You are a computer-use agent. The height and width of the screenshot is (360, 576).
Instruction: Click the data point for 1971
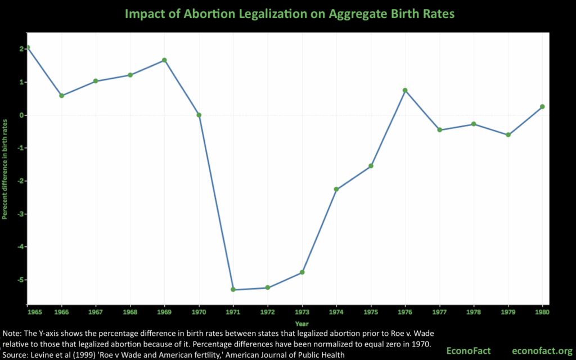pos(233,290)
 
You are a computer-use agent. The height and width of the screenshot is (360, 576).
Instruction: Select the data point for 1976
pos(405,90)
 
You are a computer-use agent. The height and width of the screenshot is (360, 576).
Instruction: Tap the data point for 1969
pos(165,60)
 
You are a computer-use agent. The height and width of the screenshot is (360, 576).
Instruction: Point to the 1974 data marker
pos(336,189)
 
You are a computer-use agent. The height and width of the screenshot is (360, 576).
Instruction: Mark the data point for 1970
pos(199,115)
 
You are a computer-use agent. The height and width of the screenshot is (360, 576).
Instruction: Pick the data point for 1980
pos(542,106)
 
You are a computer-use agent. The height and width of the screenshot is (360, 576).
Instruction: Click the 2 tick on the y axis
pos(20,49)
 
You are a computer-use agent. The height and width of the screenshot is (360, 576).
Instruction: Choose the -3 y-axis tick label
pos(19,214)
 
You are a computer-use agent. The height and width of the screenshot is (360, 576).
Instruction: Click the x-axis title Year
pos(301,323)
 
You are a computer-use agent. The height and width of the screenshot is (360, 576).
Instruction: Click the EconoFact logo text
pos(467,350)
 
